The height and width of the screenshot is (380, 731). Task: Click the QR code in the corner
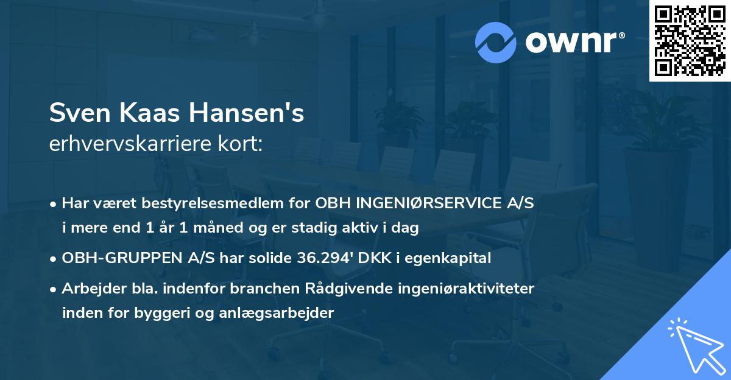690,41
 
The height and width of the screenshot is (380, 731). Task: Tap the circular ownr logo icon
496,41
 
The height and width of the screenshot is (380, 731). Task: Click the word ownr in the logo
574,41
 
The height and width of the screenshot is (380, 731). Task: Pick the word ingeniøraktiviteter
468,289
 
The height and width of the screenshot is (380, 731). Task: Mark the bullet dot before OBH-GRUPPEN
54,259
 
